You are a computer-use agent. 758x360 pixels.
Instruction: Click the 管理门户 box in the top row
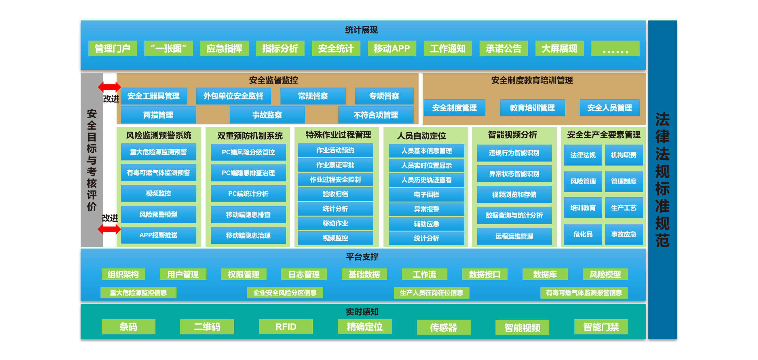(x=112, y=48)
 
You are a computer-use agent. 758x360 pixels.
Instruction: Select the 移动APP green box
(x=392, y=48)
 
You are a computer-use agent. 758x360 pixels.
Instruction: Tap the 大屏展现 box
(x=559, y=48)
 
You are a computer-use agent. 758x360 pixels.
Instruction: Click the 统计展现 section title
(x=361, y=30)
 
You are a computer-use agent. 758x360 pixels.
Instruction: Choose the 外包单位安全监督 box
(x=233, y=96)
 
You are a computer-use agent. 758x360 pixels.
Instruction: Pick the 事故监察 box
(x=267, y=115)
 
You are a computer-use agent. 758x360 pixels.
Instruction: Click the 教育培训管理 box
(x=532, y=108)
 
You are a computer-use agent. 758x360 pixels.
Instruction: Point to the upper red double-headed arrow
(x=109, y=87)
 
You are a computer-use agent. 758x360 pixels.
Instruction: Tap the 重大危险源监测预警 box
(x=159, y=152)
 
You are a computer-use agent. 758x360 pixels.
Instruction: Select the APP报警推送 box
(x=159, y=235)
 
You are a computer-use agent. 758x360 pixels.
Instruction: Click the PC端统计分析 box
(x=248, y=194)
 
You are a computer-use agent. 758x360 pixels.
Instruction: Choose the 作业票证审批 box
(x=335, y=165)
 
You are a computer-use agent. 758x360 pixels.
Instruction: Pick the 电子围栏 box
(x=427, y=195)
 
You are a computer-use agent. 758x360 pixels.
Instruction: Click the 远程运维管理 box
(x=514, y=236)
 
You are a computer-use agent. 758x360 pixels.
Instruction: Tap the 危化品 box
(x=583, y=234)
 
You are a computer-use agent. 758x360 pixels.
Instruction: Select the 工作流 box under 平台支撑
(x=425, y=274)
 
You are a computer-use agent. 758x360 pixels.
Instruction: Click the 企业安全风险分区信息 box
(x=285, y=293)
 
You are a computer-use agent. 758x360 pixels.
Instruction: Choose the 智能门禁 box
(x=601, y=327)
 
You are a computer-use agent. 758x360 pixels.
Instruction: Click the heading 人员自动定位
(x=421, y=136)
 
